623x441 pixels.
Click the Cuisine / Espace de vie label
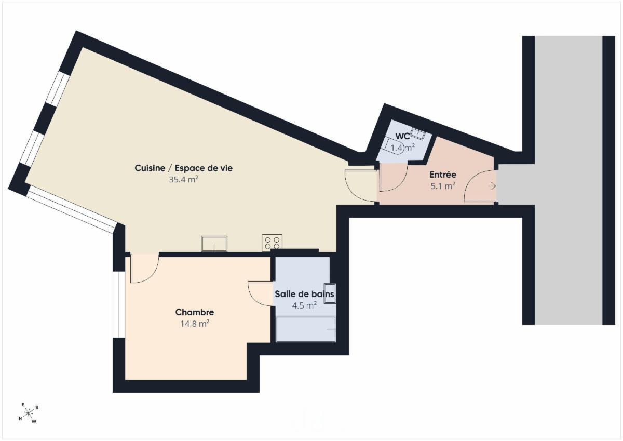184,168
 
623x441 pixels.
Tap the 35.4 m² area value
184,179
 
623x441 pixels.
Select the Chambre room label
195,312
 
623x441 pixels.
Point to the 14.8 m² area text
195,324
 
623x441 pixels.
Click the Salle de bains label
305,294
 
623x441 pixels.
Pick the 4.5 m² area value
304,305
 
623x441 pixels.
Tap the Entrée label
443,175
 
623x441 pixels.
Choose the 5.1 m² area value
443,186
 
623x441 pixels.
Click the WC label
402,136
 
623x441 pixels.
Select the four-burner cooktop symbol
272,243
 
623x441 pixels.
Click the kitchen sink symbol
214,244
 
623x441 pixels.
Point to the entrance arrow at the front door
492,186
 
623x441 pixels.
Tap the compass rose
28,413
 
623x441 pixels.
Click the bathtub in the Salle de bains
306,329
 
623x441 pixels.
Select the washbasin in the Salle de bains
330,293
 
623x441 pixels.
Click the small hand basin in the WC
418,134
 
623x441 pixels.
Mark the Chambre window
119,304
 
